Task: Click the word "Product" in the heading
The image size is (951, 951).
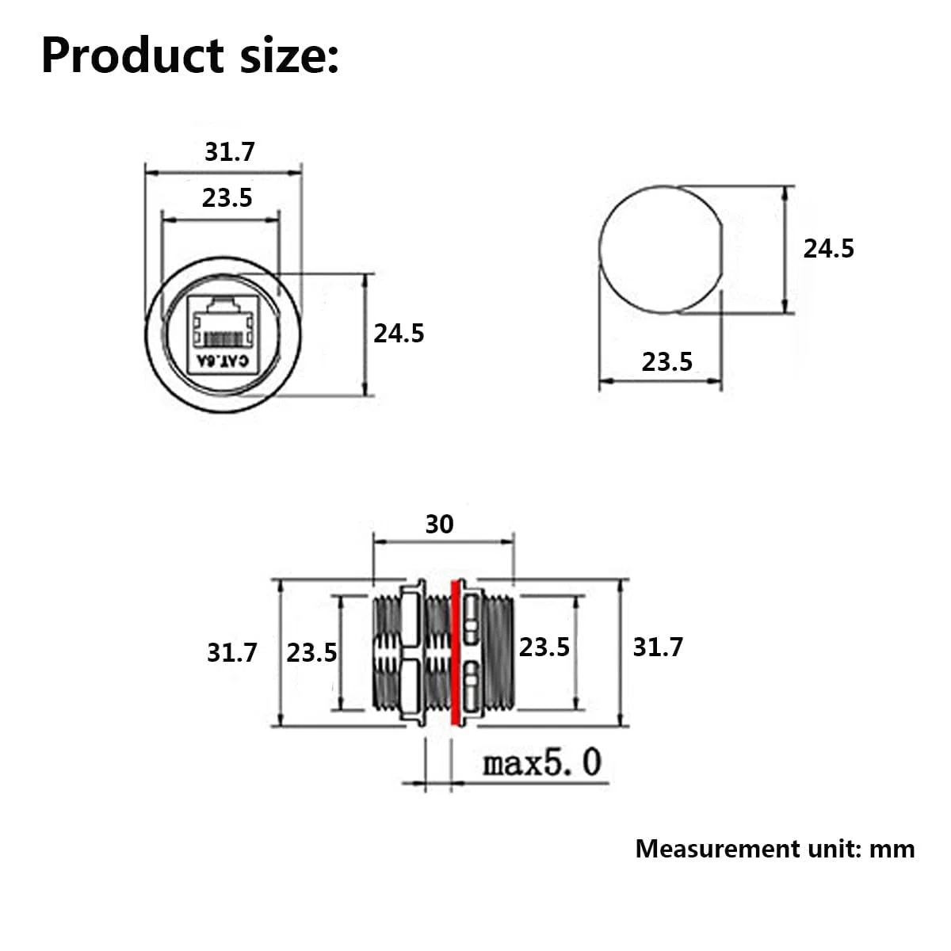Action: coord(133,55)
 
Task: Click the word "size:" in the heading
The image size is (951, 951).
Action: coord(289,55)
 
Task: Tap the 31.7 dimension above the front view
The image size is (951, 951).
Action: coord(230,152)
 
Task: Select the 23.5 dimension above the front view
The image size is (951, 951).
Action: coord(227,198)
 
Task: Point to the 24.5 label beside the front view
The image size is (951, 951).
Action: coord(399,334)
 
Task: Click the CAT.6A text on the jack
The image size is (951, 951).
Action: coord(223,361)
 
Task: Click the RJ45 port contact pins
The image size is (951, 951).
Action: coord(223,339)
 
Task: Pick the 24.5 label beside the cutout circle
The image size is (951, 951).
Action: coord(829,249)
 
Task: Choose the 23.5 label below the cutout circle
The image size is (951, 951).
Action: coord(666,362)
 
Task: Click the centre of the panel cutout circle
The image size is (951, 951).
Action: coord(661,250)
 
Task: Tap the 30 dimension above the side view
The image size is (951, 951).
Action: coord(439,524)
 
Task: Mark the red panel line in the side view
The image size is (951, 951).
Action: coord(456,652)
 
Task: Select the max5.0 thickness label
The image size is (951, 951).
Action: coord(542,762)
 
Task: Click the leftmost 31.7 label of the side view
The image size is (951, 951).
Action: coord(232,653)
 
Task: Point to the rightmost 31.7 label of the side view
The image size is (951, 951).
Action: coord(658,647)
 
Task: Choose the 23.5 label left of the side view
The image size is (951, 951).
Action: coord(311,653)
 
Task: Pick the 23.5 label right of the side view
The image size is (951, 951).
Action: coord(544,647)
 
